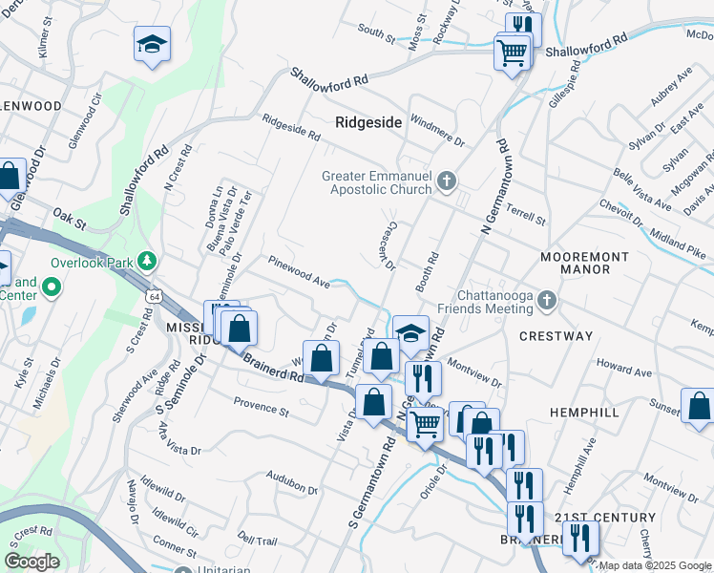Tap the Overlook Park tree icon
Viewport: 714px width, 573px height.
tap(146, 260)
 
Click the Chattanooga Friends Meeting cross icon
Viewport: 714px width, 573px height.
tap(547, 302)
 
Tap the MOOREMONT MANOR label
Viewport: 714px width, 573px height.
tap(584, 264)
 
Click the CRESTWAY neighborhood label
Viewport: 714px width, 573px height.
tap(556, 336)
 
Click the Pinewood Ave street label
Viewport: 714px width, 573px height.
tap(299, 271)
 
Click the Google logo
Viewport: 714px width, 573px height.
tap(31, 562)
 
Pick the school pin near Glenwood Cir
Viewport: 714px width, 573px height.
tap(152, 46)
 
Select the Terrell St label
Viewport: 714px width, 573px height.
tap(526, 215)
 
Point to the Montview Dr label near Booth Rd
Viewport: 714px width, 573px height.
tap(474, 373)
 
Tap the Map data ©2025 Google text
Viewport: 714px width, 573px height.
tap(655, 565)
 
